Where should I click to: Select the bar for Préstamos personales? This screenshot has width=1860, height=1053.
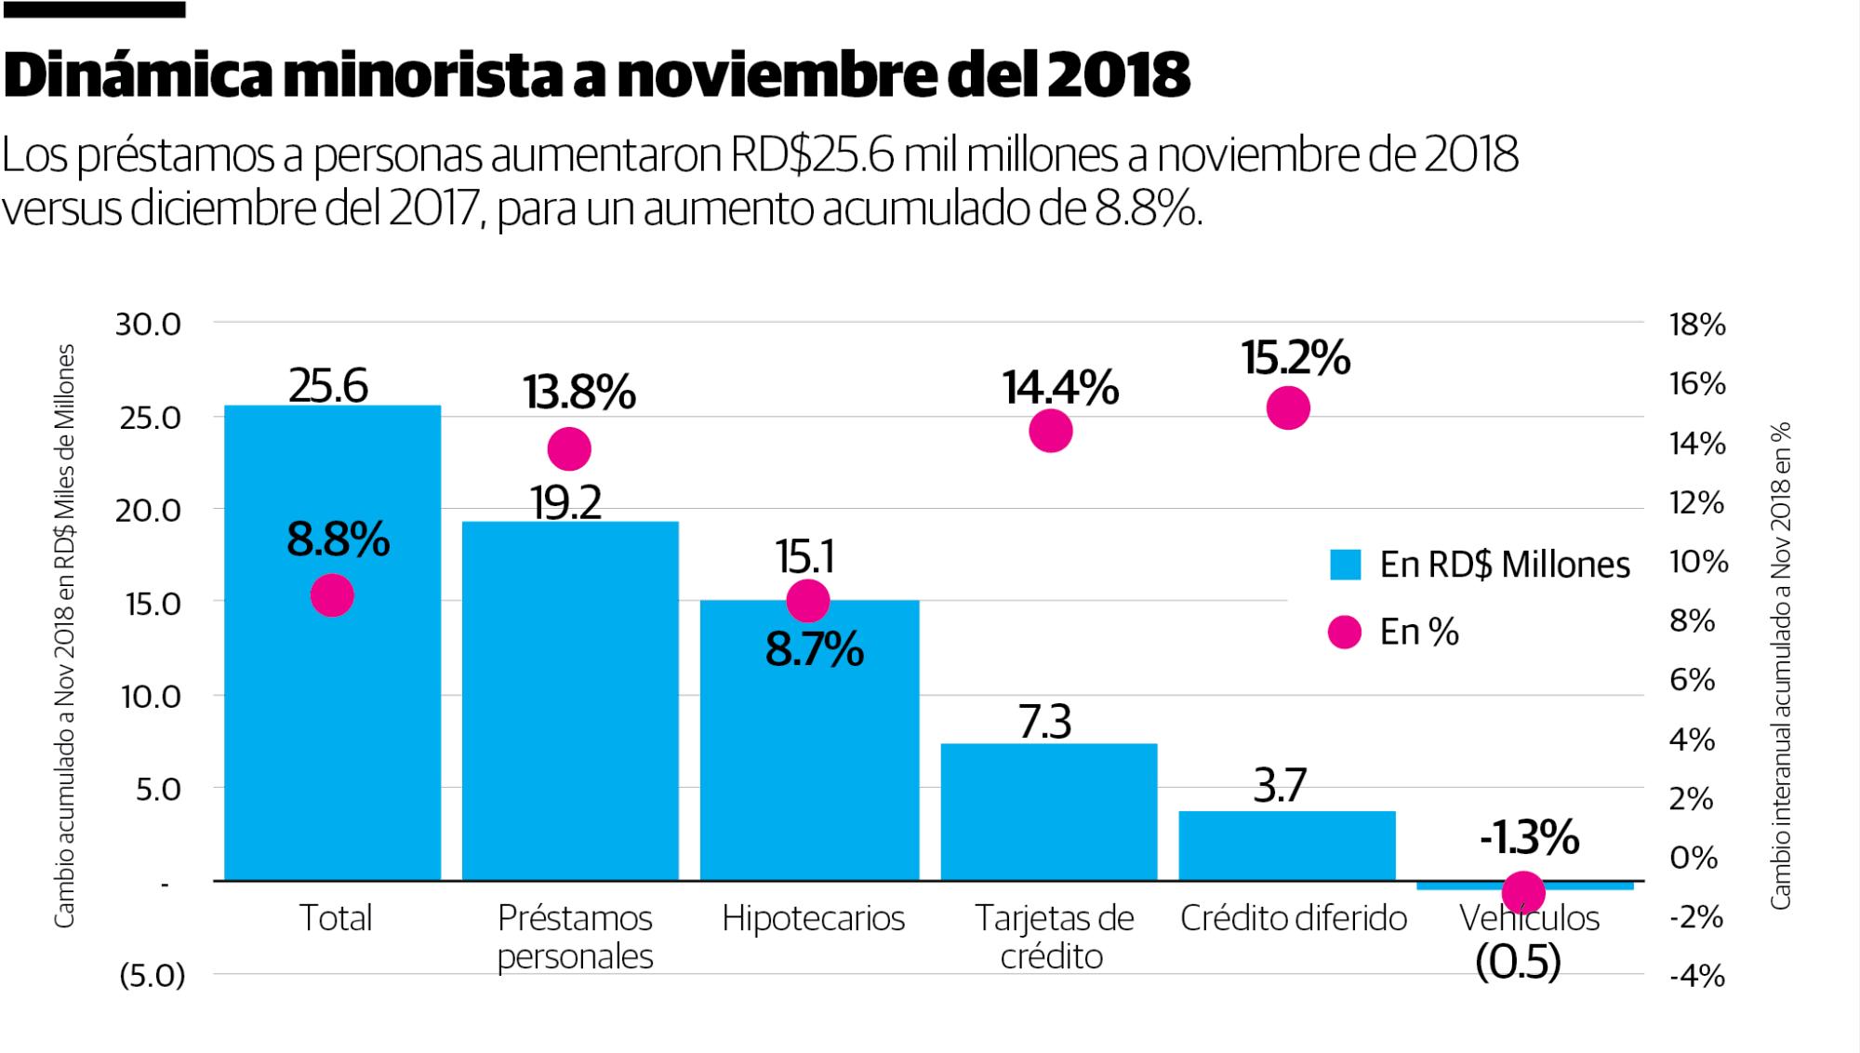[x=570, y=707]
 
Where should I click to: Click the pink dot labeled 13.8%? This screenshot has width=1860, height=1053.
[x=569, y=449]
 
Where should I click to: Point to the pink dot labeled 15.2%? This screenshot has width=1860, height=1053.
[x=1288, y=408]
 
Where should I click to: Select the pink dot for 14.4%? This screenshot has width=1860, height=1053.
[x=1051, y=431]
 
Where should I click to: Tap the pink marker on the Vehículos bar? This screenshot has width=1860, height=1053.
[x=1523, y=893]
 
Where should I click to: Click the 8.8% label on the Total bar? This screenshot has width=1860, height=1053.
[x=338, y=540]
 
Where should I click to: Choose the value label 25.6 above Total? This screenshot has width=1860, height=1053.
[x=328, y=385]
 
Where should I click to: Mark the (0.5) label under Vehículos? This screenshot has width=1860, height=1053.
[x=1518, y=963]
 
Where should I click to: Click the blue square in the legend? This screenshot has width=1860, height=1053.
[x=1345, y=565]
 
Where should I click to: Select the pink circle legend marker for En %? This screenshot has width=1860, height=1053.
[x=1345, y=633]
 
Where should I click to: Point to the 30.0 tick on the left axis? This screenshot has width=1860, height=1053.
[x=148, y=325]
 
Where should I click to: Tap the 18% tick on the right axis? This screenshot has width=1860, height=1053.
[x=1697, y=325]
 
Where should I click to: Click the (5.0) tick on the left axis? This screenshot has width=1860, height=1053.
[x=153, y=976]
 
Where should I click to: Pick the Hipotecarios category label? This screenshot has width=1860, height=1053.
[x=813, y=918]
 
